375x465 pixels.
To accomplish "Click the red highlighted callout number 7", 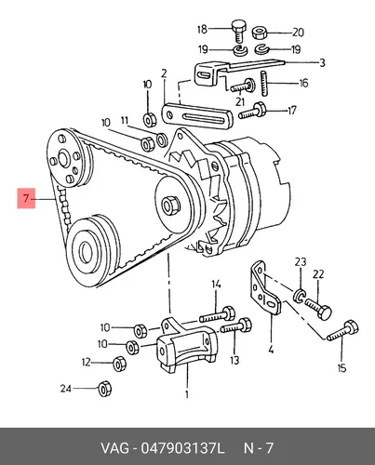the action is coord(26,198).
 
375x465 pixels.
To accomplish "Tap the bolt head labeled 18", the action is coord(238,25).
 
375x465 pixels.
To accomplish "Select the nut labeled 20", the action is coord(259,33).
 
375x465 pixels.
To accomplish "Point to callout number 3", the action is coord(322,62).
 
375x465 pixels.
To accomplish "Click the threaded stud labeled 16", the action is coord(264,84).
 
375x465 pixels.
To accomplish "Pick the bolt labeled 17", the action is coord(252,112).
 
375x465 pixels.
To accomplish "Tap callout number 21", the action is coord(240,101).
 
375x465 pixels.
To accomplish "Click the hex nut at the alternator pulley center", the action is coord(170,205).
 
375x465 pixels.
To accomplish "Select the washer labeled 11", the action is coord(162,139).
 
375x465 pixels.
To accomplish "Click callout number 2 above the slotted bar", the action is coord(164,73).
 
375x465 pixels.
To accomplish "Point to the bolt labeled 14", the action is coord(217,315).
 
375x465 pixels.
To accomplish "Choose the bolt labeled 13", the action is coord(236,326).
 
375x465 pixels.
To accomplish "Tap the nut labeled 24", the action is coord(104,389).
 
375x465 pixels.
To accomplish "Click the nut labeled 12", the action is coord(119,364).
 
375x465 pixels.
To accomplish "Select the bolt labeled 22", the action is coord(318,308).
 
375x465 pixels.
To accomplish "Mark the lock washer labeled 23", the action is coord(299,295).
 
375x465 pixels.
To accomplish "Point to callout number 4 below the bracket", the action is coord(271,350).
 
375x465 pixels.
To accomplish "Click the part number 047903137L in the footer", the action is coord(182,448).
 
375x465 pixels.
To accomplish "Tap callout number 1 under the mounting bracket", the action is coord(187,394).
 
